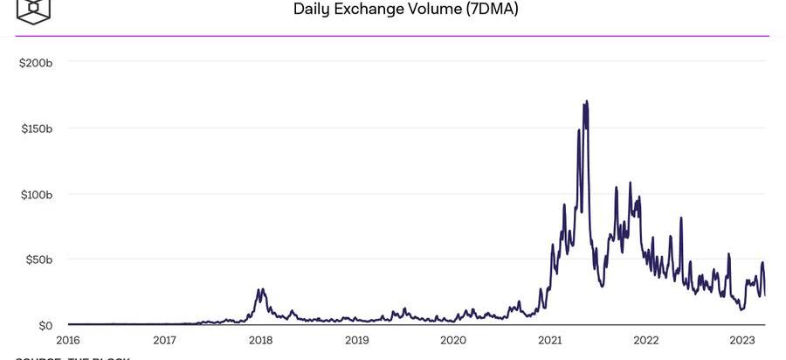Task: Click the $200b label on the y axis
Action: pyautogui.click(x=37, y=63)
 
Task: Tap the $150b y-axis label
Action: pyautogui.click(x=37, y=128)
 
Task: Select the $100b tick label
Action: pyautogui.click(x=37, y=194)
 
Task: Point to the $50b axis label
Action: pyautogui.click(x=39, y=260)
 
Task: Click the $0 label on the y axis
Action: pyautogui.click(x=45, y=325)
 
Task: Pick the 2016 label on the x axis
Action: pyautogui.click(x=68, y=341)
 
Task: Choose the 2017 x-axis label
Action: pyautogui.click(x=164, y=341)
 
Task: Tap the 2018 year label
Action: pyautogui.click(x=260, y=341)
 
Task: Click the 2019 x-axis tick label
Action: pyautogui.click(x=356, y=341)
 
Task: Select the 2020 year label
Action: pyautogui.click(x=453, y=341)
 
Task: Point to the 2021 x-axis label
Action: pyautogui.click(x=549, y=341)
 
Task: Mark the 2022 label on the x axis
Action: pyautogui.click(x=645, y=341)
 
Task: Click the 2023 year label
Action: pyautogui.click(x=741, y=341)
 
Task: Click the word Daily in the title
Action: pyautogui.click(x=312, y=10)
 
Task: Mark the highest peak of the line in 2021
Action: pyautogui.click(x=586, y=101)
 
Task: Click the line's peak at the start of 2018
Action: pyautogui.click(x=259, y=289)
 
